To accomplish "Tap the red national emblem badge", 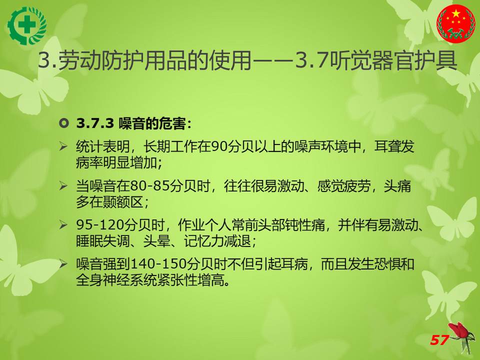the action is point(456,24).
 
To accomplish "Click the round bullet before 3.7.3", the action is point(64,123).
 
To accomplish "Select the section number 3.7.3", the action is point(95,123).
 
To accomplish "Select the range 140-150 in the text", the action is point(159,264).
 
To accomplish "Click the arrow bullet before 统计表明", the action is point(63,146).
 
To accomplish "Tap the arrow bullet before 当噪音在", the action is point(63,185).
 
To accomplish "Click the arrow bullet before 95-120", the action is point(63,225).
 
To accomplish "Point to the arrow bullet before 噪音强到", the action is point(63,263).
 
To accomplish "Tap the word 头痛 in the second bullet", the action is point(397,186).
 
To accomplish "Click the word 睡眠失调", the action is point(103,241).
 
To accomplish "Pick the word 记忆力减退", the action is point(217,241).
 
